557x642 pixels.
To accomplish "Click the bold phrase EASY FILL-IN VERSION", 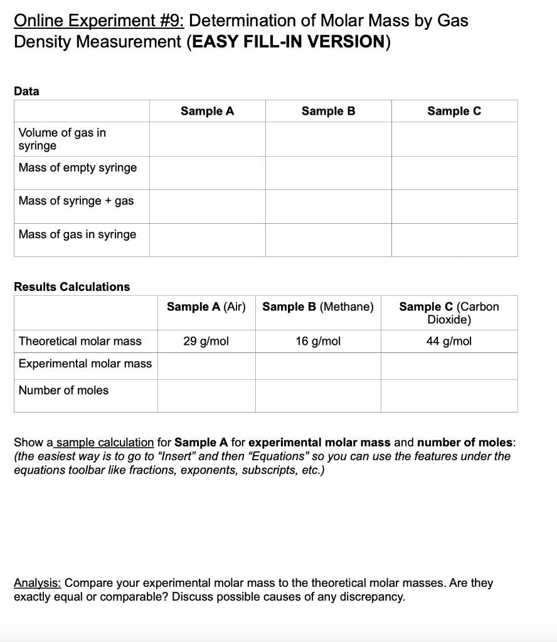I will (288, 42).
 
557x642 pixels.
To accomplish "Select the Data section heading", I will (26, 91).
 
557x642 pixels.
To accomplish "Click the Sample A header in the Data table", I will (207, 111).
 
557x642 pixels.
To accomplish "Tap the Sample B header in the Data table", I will (328, 111).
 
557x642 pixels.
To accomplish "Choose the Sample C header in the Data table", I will (454, 111).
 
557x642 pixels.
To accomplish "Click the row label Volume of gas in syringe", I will (62, 139).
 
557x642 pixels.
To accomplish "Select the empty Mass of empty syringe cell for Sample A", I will (207, 172).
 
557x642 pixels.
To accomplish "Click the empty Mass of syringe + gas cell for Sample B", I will (328, 206).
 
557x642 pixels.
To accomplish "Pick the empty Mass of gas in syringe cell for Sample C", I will (454, 240).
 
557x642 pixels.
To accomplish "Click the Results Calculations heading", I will (72, 287).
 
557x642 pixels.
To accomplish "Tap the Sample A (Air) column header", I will (206, 307).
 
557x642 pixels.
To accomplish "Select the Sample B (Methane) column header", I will (318, 307).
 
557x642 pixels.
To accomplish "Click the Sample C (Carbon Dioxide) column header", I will (449, 313).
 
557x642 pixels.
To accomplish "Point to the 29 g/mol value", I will (206, 341).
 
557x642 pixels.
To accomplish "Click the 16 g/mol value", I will (318, 341).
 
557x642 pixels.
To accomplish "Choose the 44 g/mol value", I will (449, 341).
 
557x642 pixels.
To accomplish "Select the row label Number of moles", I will (63, 390).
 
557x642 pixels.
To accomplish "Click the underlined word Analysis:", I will (38, 583).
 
